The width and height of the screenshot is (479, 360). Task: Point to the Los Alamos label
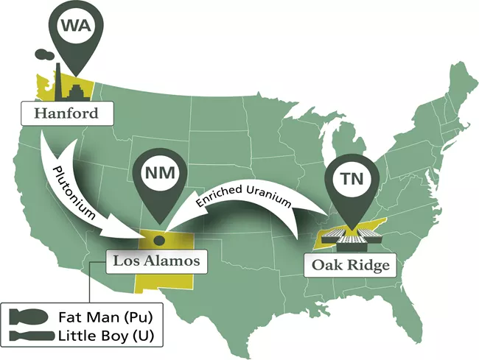click(x=153, y=261)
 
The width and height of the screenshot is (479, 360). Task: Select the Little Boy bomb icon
click(x=29, y=336)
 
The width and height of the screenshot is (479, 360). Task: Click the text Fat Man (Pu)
click(x=110, y=318)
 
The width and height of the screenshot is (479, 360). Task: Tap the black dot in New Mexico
click(x=158, y=240)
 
